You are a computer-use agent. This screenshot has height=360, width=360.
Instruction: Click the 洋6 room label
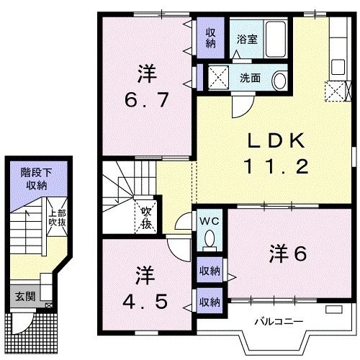[x=289, y=254]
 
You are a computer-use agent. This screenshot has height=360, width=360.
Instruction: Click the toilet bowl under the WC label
[x=210, y=238]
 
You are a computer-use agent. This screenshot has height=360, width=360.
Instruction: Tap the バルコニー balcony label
[x=278, y=321]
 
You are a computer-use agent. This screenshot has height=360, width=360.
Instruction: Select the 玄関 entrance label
[x=24, y=297]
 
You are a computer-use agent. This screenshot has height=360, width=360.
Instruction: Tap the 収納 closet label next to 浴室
[x=210, y=37]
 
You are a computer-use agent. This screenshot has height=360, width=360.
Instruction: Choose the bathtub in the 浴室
[x=274, y=39]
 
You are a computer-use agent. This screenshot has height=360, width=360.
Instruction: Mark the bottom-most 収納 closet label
[x=210, y=302]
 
